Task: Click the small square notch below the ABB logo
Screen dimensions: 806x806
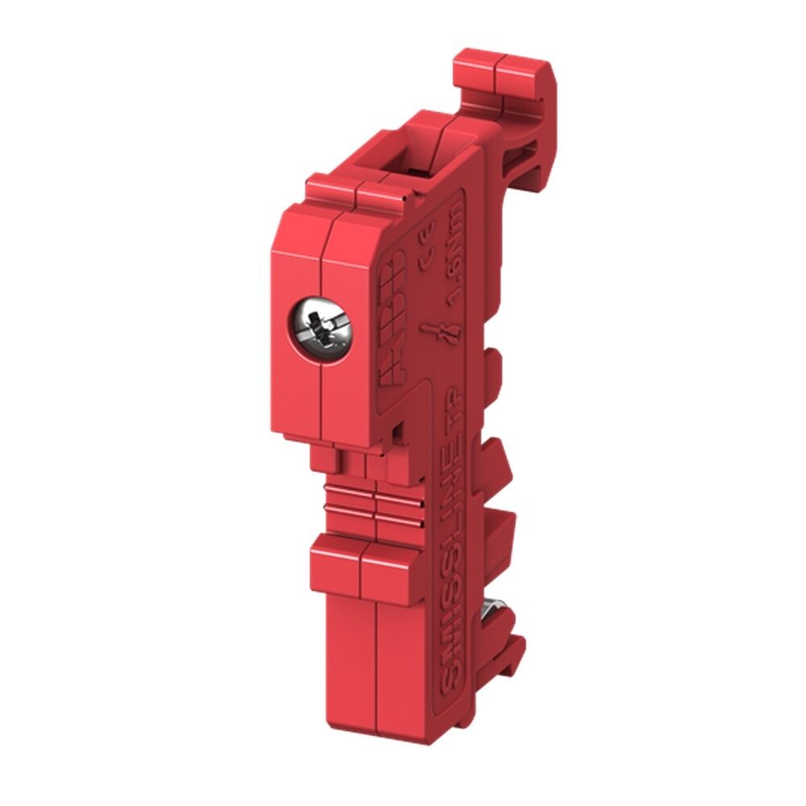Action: coord(397,427)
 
